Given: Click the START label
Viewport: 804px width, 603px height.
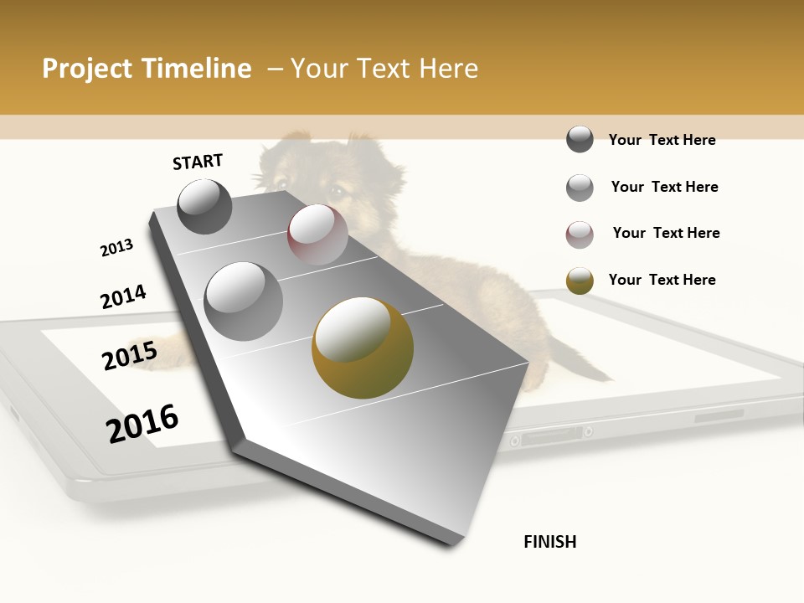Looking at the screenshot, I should [198, 162].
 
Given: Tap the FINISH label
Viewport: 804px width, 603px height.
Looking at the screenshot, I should [549, 542].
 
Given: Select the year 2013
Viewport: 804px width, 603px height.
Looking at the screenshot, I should [116, 248].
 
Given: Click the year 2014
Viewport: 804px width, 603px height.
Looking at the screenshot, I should [123, 297].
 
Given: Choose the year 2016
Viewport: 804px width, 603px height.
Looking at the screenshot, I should [142, 423].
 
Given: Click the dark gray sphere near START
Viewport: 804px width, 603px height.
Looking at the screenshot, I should [204, 206].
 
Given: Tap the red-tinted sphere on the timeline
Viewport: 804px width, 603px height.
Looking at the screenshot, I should [317, 234].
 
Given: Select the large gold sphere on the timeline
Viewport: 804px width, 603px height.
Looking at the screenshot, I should [362, 348].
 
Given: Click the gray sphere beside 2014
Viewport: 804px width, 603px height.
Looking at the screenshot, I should [243, 301].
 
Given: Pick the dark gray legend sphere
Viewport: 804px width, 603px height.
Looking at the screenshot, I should [580, 140].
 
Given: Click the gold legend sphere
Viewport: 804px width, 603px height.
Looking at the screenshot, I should [580, 280].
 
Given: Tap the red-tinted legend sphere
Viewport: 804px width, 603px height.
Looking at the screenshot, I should [580, 234].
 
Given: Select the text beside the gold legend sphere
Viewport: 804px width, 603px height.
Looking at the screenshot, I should [662, 280].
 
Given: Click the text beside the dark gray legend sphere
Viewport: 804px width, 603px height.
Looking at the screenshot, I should [662, 140].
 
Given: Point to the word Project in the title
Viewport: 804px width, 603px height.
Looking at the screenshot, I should [88, 69].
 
